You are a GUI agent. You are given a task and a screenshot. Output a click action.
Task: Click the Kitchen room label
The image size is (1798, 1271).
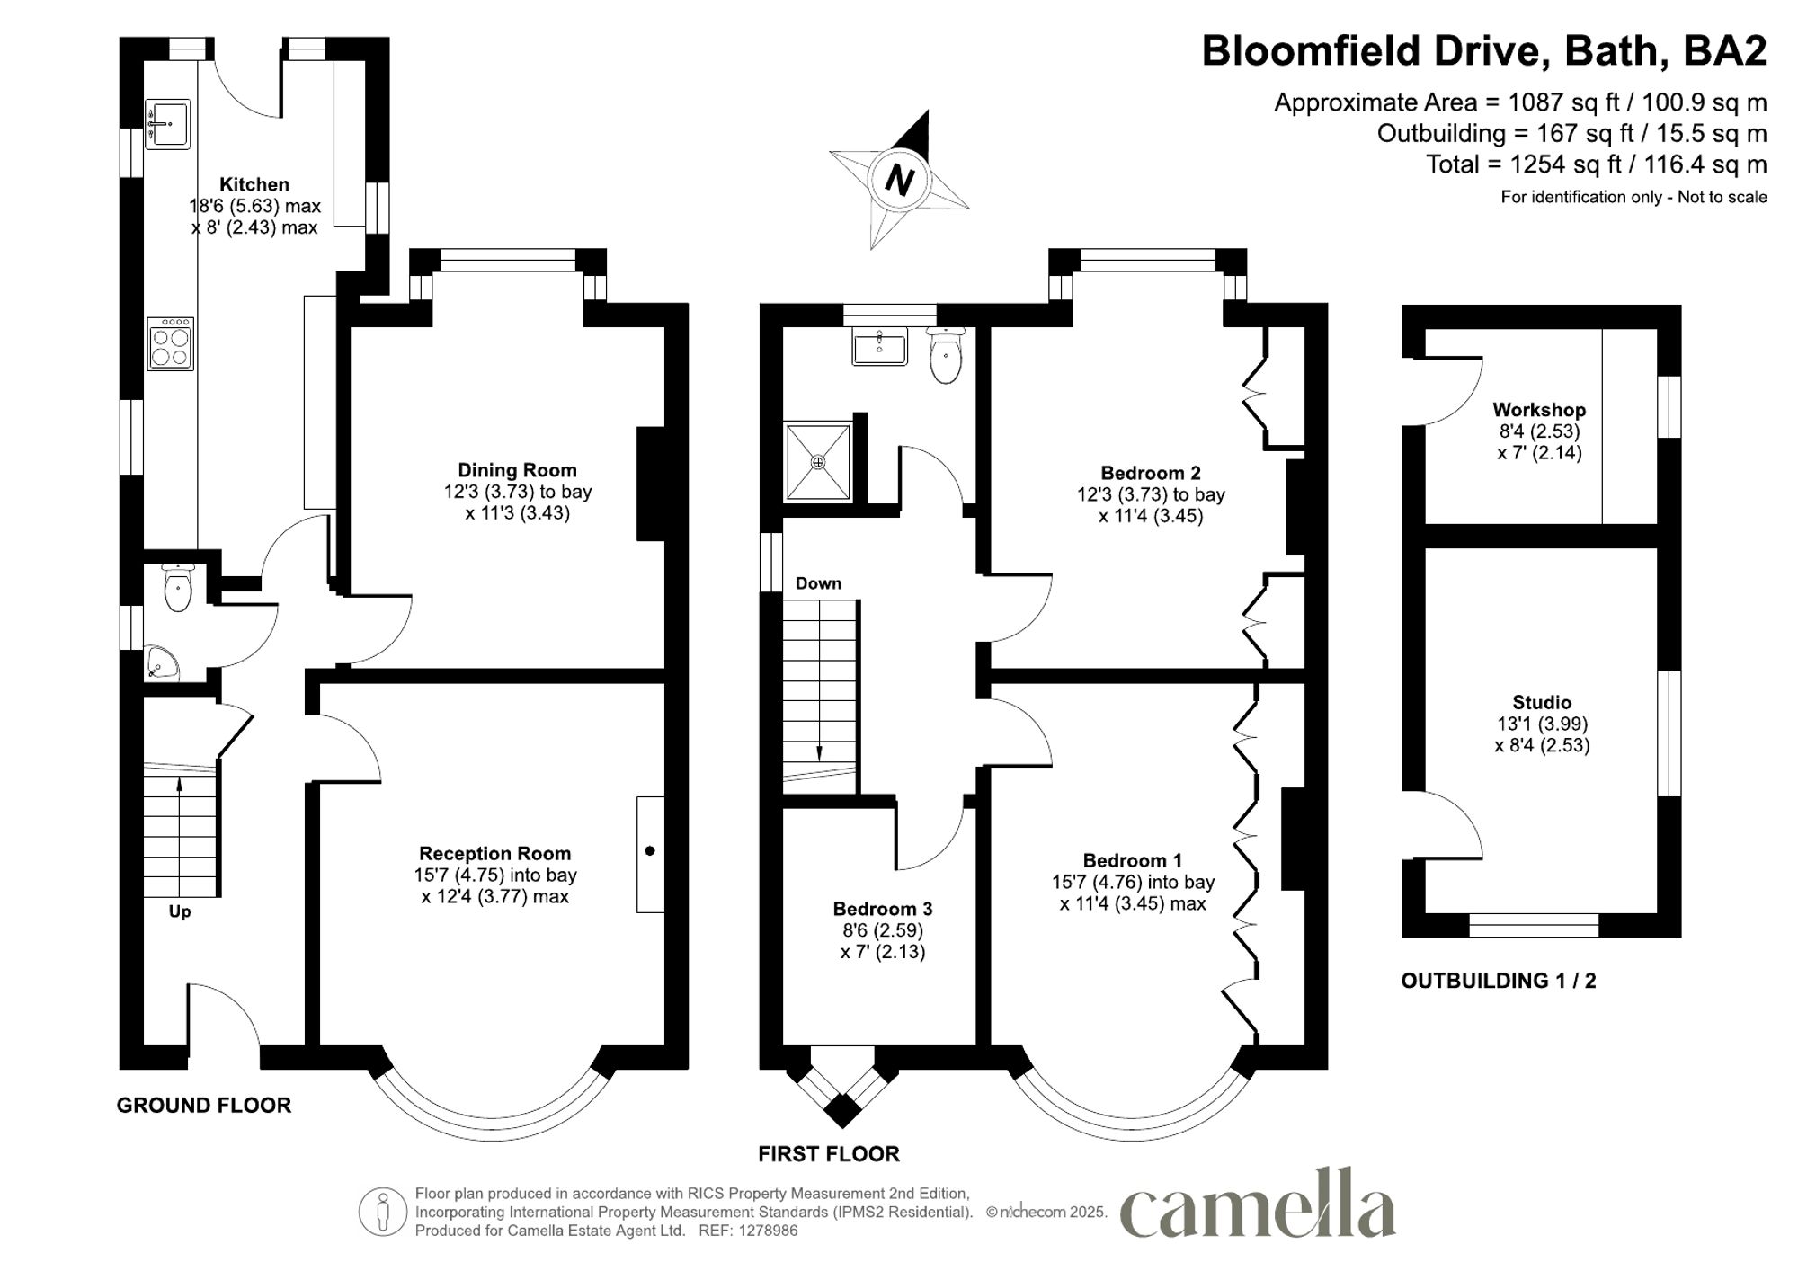[x=254, y=185]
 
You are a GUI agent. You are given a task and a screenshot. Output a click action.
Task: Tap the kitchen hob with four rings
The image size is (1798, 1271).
[x=170, y=343]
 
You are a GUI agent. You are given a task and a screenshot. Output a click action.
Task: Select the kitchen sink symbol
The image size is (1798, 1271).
[x=168, y=123]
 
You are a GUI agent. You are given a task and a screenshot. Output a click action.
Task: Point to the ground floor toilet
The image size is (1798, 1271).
[x=178, y=587]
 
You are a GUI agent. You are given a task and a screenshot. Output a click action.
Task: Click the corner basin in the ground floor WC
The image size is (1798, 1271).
[x=161, y=663]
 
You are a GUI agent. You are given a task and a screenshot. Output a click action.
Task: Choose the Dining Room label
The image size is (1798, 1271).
[x=517, y=470]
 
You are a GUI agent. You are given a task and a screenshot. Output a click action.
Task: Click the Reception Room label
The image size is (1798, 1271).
[x=494, y=854]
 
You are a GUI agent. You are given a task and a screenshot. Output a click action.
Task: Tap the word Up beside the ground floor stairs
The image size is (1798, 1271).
[x=180, y=912]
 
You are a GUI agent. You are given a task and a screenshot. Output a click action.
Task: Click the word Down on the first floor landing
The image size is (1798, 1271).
[x=818, y=583]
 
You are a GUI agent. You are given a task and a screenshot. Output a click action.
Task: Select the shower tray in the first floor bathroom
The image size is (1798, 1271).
[x=818, y=462]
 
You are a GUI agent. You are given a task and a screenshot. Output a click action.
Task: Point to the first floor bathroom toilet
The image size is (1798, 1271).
[x=945, y=356]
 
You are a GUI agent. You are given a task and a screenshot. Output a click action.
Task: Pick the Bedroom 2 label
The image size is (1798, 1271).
[x=1151, y=473]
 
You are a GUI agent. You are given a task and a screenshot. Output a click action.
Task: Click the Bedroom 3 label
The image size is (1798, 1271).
[x=883, y=909]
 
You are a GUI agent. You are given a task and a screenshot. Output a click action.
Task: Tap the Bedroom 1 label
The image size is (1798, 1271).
[x=1133, y=860]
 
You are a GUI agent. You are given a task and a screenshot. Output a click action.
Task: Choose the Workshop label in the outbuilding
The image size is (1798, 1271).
[x=1539, y=410]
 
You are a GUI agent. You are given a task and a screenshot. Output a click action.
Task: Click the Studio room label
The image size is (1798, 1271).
[x=1542, y=703]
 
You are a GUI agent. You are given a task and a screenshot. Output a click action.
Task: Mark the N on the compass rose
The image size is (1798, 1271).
[x=899, y=181]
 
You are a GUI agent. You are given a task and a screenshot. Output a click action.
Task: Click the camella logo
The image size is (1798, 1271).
[x=1258, y=1203]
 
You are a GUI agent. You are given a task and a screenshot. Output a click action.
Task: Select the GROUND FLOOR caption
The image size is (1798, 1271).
[x=204, y=1106]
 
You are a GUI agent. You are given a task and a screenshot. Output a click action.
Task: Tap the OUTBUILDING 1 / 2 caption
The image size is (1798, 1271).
[x=1499, y=981]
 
